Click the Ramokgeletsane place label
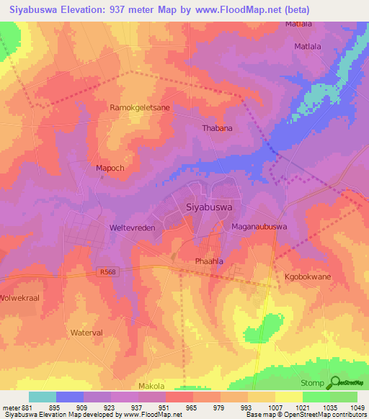[x=140, y=107]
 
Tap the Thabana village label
[x=216, y=129]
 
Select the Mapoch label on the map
[x=111, y=168]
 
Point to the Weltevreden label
[x=131, y=227]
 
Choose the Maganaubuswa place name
[x=259, y=227]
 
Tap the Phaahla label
[x=210, y=261]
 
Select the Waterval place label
[x=88, y=333]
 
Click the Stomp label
[x=312, y=383]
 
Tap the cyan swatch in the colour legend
[x=43, y=397]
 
